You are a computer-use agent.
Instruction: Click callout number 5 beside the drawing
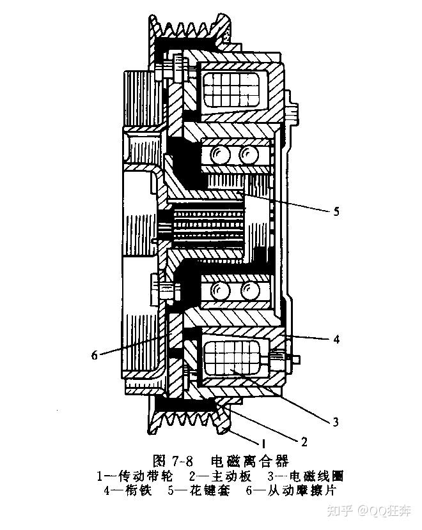point(336,212)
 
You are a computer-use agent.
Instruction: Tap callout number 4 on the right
point(336,339)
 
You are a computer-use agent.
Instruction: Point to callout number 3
point(335,421)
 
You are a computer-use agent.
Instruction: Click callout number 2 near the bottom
point(304,441)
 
